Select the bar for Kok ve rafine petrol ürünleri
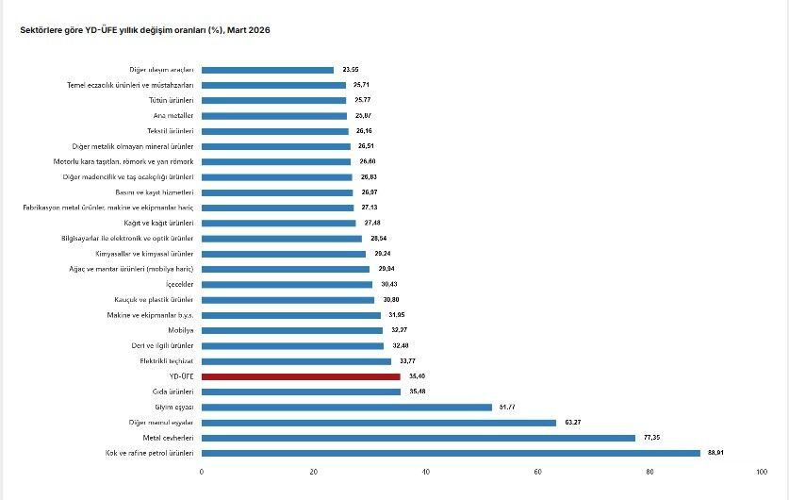[x=451, y=453]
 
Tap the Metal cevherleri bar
[x=419, y=438]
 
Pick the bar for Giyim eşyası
[x=346, y=407]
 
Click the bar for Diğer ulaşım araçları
[x=268, y=70]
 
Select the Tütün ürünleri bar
[x=273, y=100]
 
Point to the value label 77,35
[x=651, y=438]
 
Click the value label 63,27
[x=572, y=423]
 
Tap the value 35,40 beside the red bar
[x=416, y=376]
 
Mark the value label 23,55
[x=351, y=70]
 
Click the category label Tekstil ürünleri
[x=171, y=131]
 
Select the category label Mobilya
[x=181, y=330]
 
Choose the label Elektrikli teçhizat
[x=167, y=361]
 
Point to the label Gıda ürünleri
[x=173, y=392]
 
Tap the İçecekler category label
[x=179, y=284]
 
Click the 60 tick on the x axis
[x=537, y=471]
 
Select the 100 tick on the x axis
[x=761, y=471]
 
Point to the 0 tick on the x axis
[x=202, y=471]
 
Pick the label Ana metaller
[x=173, y=115]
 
